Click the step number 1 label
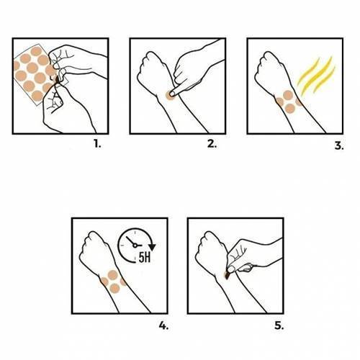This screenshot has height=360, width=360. [97, 144]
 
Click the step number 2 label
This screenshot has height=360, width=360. [212, 144]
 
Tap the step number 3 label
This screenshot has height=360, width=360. [339, 145]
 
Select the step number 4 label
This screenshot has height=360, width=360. [163, 325]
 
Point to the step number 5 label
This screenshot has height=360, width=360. [279, 325]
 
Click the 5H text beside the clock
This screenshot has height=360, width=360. [145, 258]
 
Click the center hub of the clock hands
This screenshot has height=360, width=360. [135, 246]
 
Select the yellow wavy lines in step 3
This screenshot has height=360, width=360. [316, 76]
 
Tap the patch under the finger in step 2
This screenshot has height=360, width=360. [170, 95]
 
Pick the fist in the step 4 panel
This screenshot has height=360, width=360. [94, 250]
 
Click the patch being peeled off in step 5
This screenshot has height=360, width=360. [227, 275]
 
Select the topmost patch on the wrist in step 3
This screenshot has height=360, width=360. [288, 95]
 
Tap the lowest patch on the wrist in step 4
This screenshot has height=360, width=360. [114, 288]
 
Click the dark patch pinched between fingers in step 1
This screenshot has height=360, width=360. [57, 79]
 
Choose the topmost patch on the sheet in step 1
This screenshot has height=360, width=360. [36, 51]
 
